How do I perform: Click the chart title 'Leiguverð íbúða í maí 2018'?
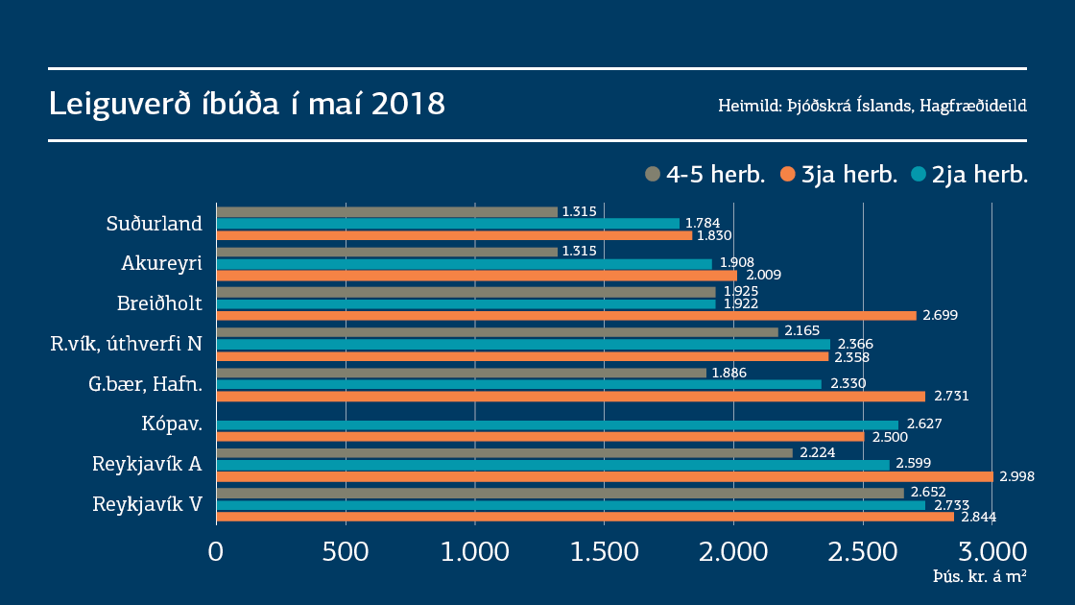pos(247,104)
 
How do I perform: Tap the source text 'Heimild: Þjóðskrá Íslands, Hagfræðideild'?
pos(872,105)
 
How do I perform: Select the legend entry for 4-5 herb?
pos(705,174)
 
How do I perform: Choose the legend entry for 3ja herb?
pos(838,174)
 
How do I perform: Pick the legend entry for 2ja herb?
pos(969,174)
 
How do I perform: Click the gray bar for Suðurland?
pos(387,212)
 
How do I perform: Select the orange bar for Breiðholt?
pos(566,315)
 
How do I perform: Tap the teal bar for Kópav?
pos(558,424)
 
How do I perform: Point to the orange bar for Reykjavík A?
pos(605,476)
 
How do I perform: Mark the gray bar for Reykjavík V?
pos(560,493)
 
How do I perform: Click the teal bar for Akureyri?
pos(465,264)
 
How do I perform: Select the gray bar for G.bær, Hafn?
pos(462,373)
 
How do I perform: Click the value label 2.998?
pos(1016,476)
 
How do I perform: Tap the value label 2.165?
pos(801,331)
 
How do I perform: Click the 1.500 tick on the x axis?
pos(604,552)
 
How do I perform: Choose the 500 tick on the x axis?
pos(346,552)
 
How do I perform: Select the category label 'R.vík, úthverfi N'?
pos(126,344)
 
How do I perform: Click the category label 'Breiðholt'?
pos(159,303)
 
